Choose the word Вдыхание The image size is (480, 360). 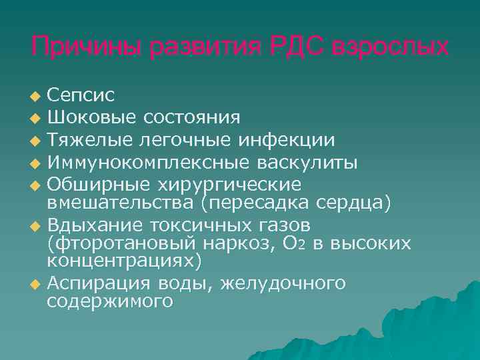(93, 225)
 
